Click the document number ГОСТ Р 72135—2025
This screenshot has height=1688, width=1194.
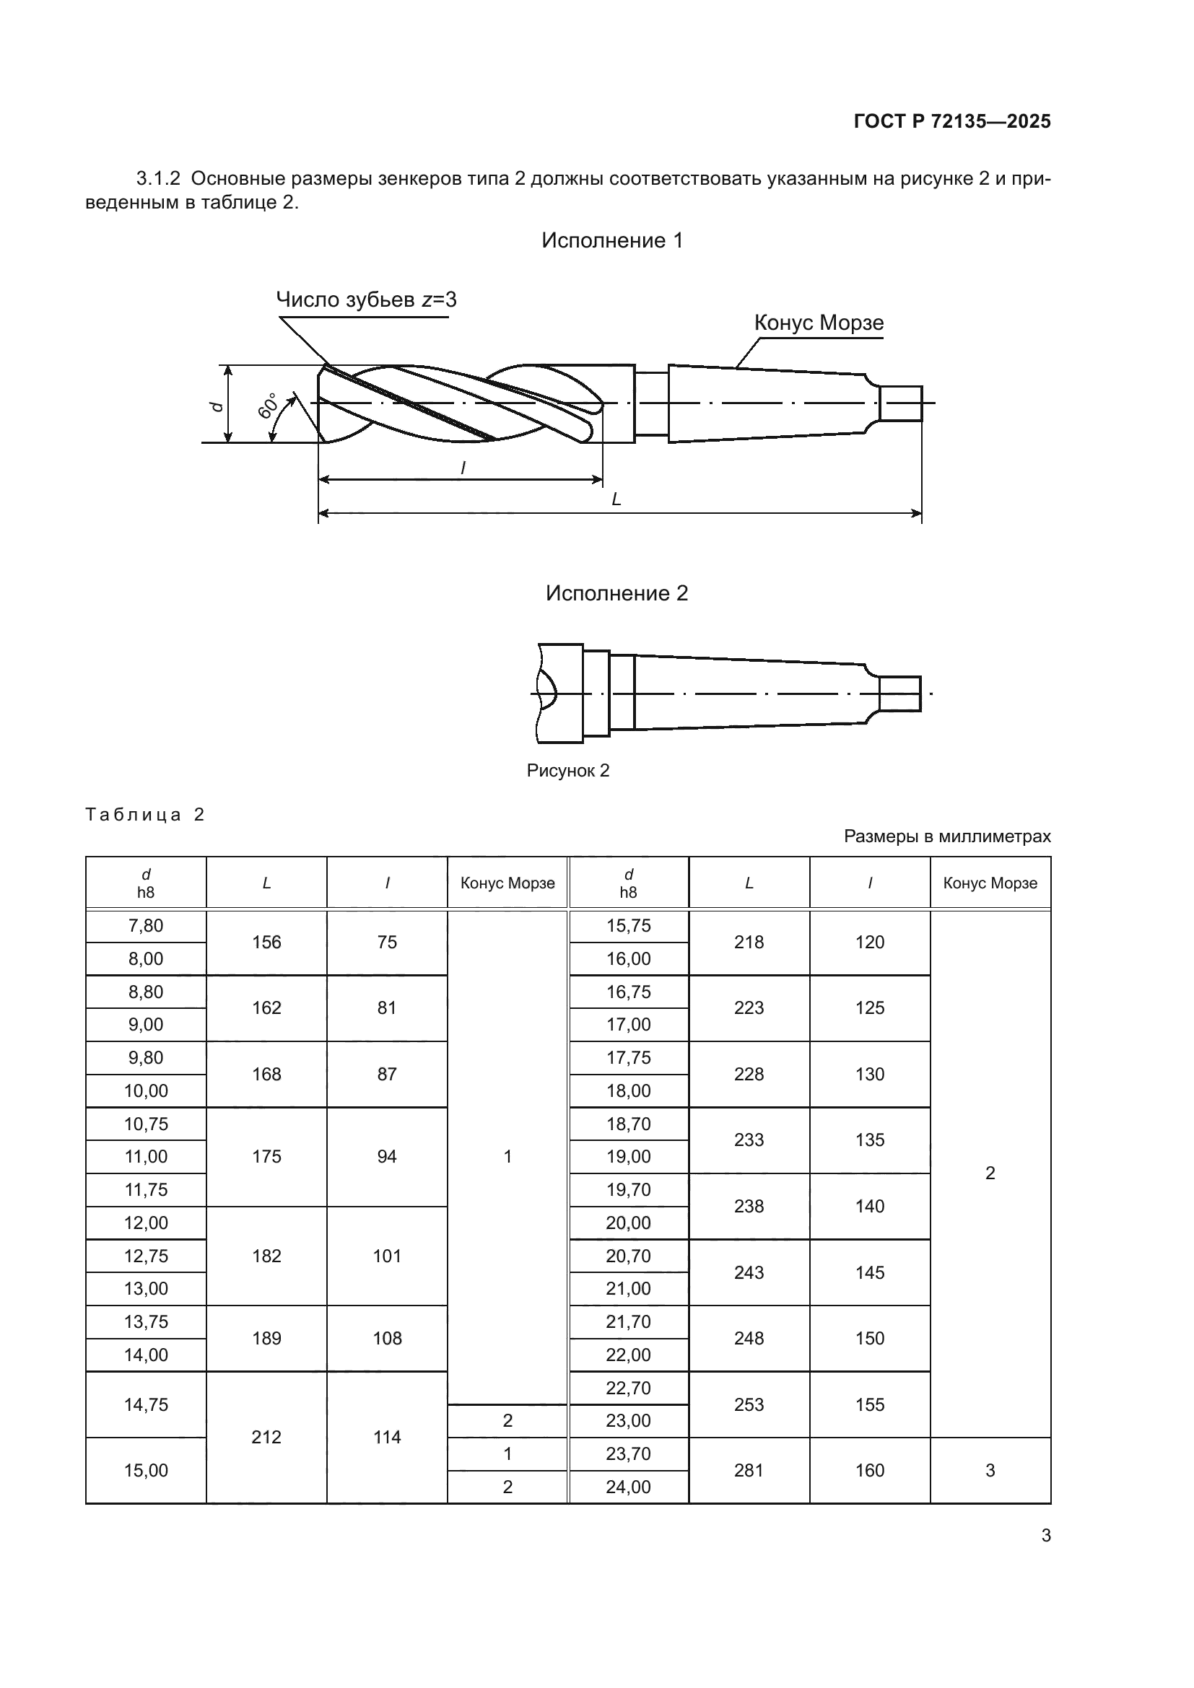[x=952, y=121]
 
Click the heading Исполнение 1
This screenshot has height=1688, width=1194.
[x=611, y=240]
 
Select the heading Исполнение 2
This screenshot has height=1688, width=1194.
[x=616, y=593]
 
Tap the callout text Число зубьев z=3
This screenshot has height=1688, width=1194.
[x=366, y=299]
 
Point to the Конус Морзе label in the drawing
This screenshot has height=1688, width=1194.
[x=819, y=323]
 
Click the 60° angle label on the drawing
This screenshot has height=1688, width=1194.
[x=269, y=406]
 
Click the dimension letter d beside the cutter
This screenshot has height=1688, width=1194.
[x=216, y=406]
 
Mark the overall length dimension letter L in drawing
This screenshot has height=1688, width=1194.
[x=616, y=499]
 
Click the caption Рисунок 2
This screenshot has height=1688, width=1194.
[x=567, y=771]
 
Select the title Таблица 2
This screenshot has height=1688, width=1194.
[x=145, y=815]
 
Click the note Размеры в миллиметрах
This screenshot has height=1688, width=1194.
[x=947, y=836]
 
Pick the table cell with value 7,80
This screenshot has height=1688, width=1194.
[x=146, y=927]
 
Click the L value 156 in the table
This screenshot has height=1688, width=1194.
[x=266, y=943]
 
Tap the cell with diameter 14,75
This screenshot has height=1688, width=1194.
[x=146, y=1405]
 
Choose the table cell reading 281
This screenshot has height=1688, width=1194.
[x=749, y=1470]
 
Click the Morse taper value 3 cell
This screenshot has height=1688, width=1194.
[x=990, y=1470]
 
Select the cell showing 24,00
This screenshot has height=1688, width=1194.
[x=628, y=1487]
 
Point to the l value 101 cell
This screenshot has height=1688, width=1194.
[x=387, y=1256]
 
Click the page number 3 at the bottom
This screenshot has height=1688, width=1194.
[x=1045, y=1536]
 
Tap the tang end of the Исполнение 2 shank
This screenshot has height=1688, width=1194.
[x=900, y=694]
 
